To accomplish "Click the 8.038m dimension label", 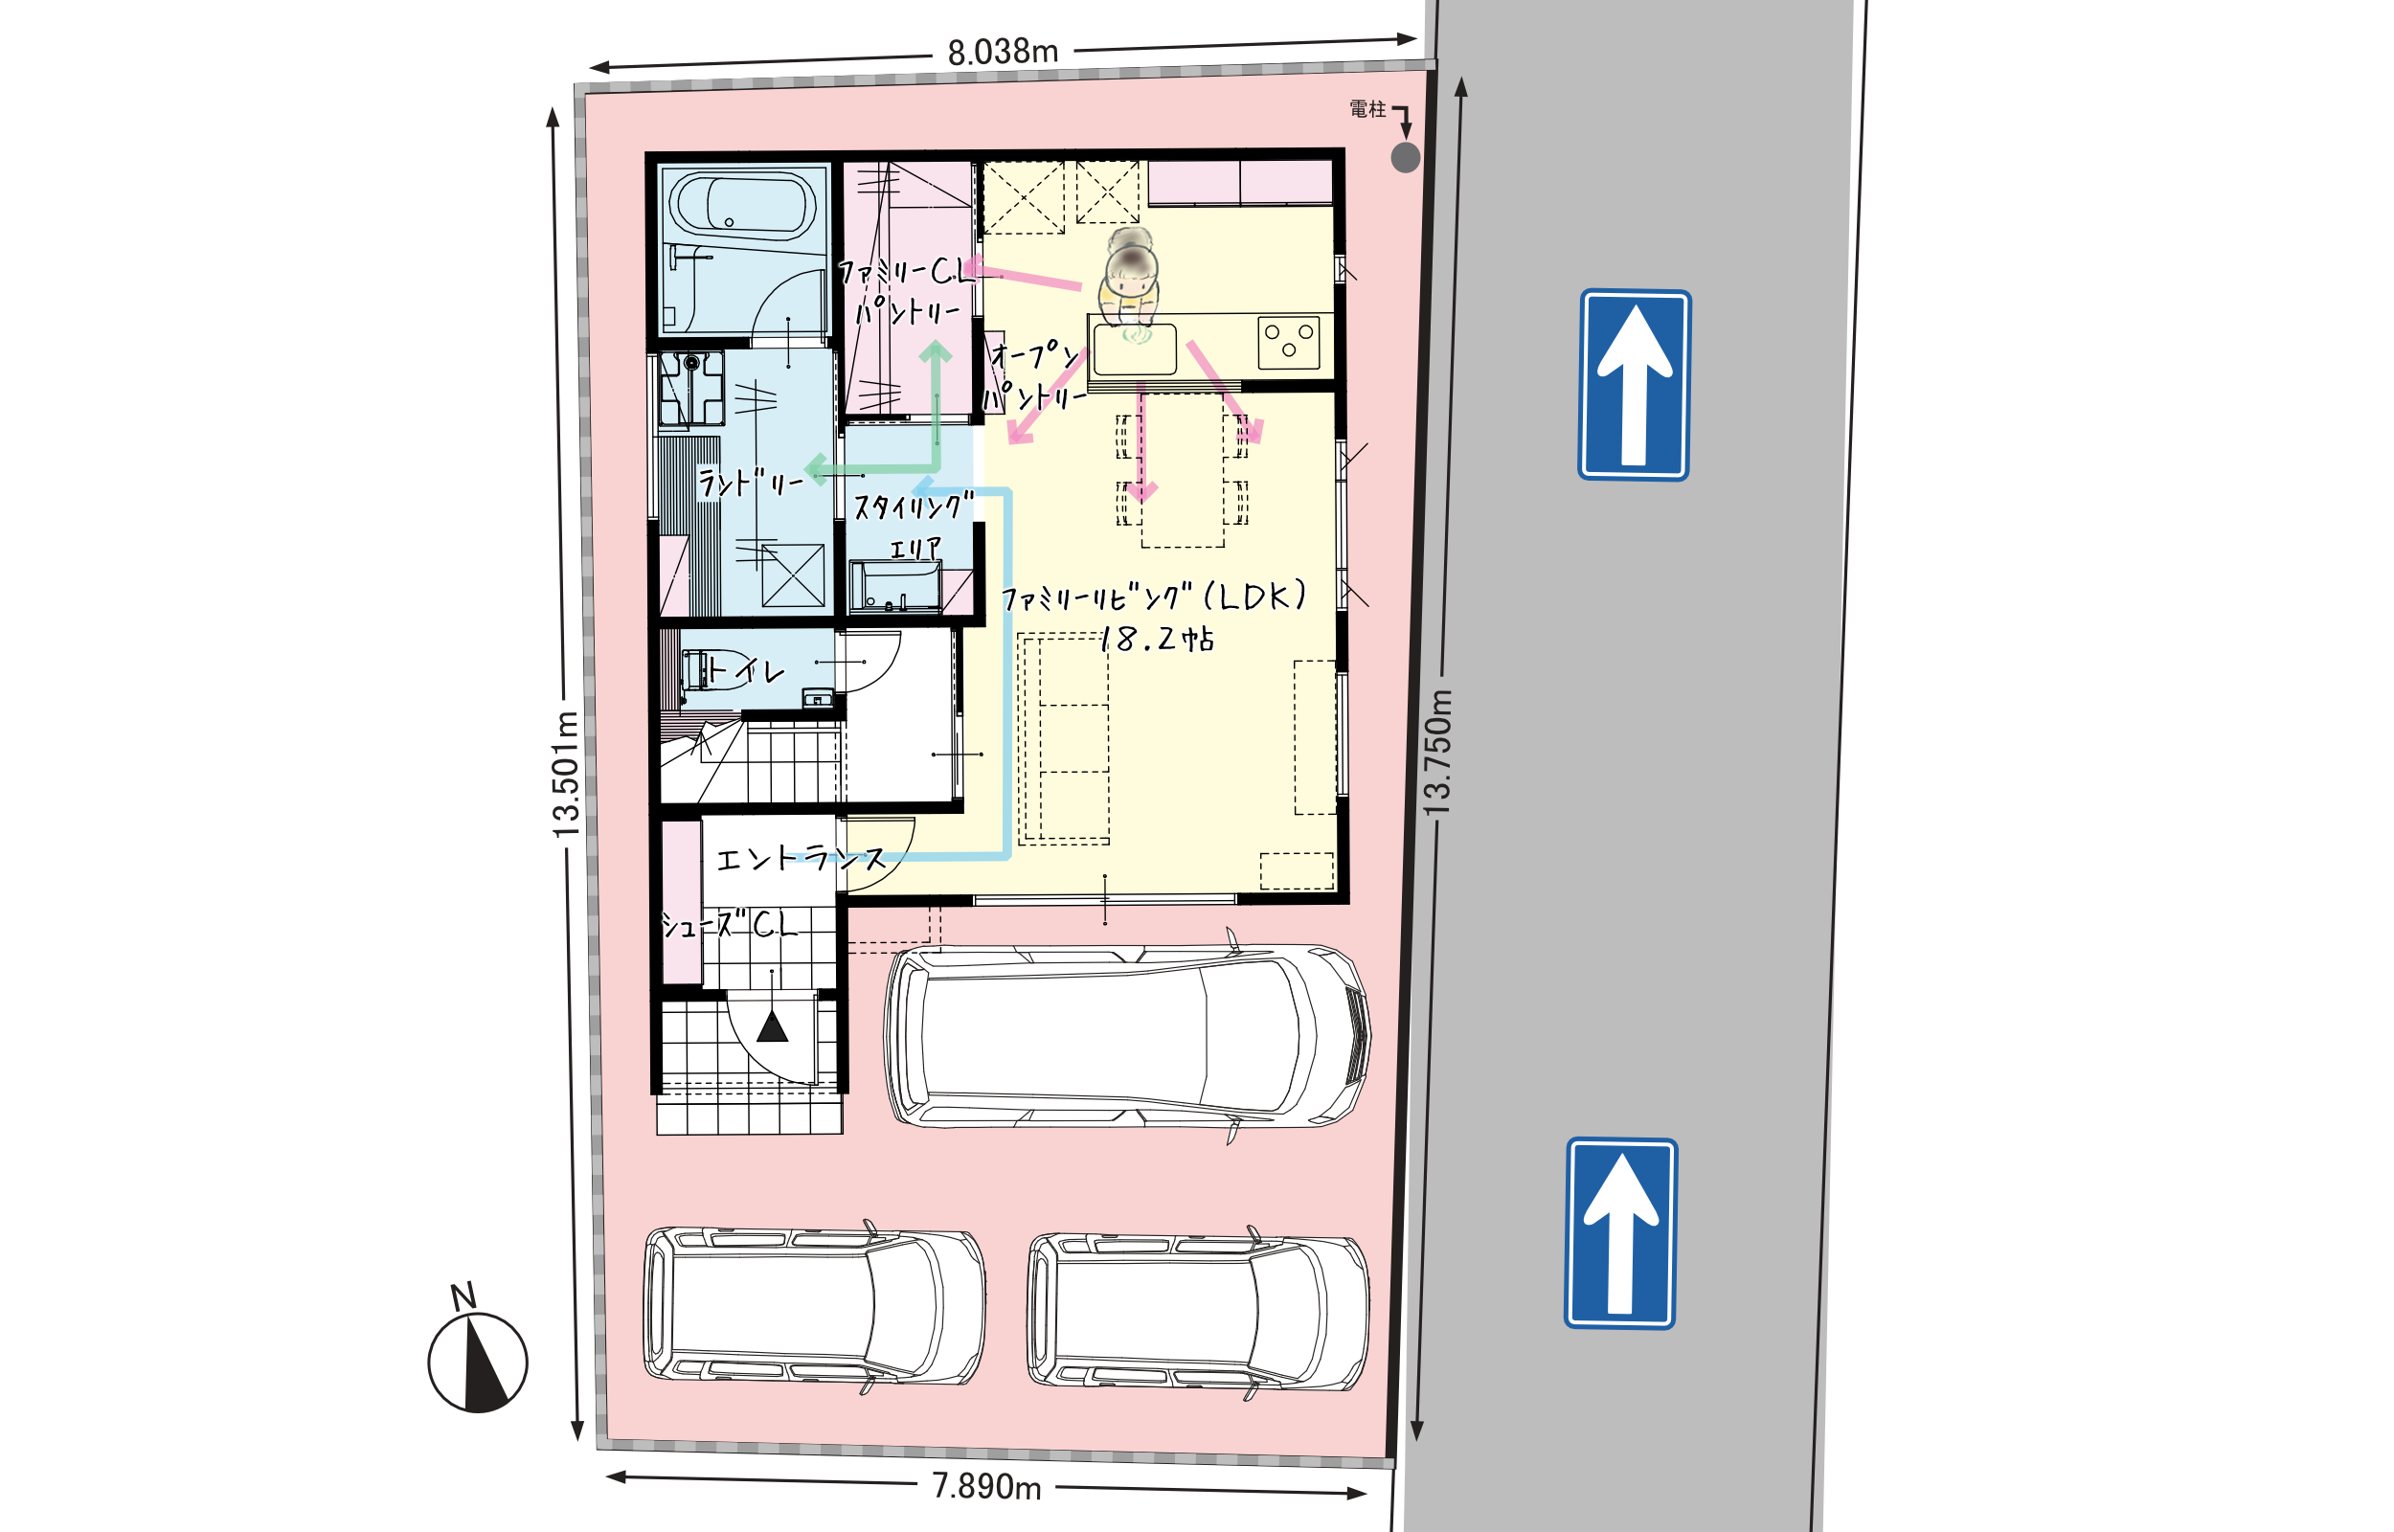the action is [x=1003, y=52].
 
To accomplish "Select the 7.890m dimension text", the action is [x=986, y=1486].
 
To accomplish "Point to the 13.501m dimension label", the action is [x=565, y=775].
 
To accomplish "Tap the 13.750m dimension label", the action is [x=1437, y=753].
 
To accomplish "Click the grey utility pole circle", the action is [x=1406, y=157].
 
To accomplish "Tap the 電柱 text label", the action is [x=1367, y=109].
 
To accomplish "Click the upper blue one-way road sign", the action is [x=1634, y=385].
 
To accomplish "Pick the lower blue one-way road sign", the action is [x=1620, y=1233].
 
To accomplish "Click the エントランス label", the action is [x=800, y=859].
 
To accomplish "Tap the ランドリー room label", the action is [x=750, y=484].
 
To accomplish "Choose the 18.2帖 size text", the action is [x=1157, y=639].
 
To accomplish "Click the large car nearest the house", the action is [x=1127, y=1035].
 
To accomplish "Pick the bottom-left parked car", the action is [x=814, y=1305].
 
